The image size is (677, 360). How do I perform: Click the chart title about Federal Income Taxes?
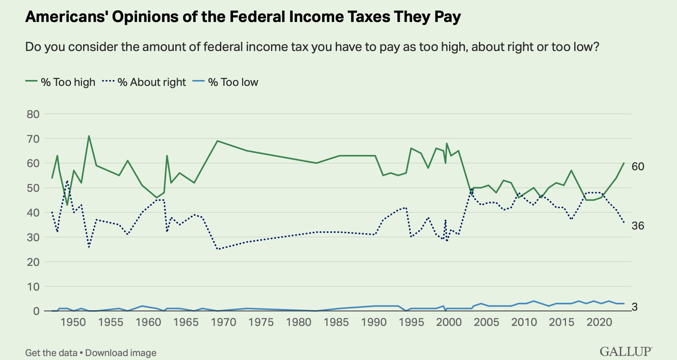(x=243, y=16)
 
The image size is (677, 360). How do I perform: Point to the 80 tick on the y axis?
(x=33, y=114)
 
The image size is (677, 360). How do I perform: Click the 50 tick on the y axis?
(x=33, y=188)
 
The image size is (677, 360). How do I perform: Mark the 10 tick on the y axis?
(x=33, y=287)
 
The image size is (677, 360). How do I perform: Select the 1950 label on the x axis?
(x=73, y=322)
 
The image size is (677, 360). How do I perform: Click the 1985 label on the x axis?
(x=336, y=322)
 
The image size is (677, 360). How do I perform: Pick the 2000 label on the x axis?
(x=449, y=322)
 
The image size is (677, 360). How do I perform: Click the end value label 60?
(x=638, y=167)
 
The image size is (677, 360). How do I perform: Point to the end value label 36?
(x=638, y=226)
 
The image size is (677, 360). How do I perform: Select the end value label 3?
(x=635, y=307)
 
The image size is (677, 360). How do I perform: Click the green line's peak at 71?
(x=89, y=136)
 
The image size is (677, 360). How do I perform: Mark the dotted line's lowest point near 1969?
(x=218, y=249)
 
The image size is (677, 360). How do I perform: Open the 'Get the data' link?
(x=51, y=353)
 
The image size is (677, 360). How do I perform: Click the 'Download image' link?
(x=121, y=353)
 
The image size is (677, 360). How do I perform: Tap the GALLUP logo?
(x=626, y=351)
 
